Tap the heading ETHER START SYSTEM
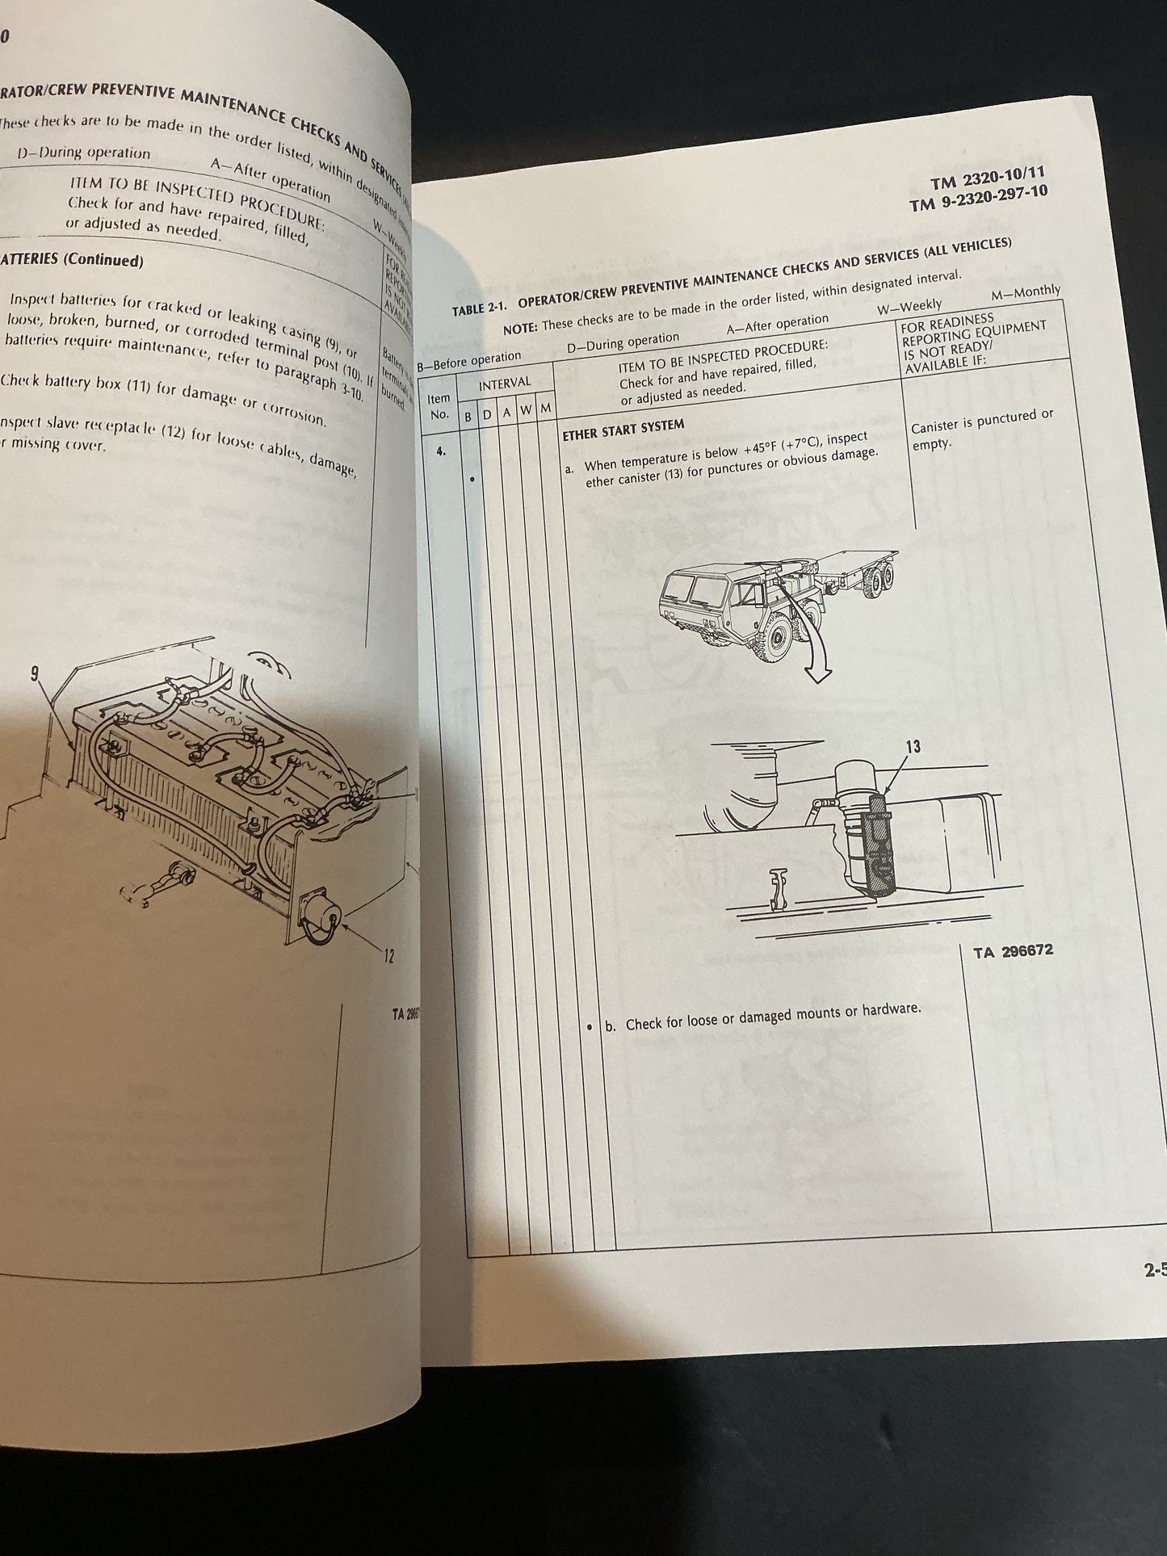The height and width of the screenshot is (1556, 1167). coord(623,429)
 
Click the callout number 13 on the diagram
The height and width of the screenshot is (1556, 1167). coord(912,746)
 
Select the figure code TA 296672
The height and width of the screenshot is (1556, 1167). coord(1013,950)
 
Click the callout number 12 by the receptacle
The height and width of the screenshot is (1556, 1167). coord(388,957)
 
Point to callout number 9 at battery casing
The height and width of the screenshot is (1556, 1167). coord(35,674)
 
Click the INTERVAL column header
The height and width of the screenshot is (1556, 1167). coord(505,383)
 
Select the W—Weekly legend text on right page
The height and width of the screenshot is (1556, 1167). coord(909,305)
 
